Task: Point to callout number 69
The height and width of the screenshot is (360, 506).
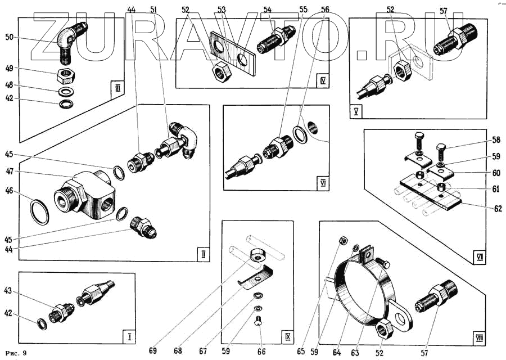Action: (153, 351)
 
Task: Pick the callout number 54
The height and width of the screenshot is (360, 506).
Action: (267, 10)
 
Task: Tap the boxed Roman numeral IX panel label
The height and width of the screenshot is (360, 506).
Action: (287, 337)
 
